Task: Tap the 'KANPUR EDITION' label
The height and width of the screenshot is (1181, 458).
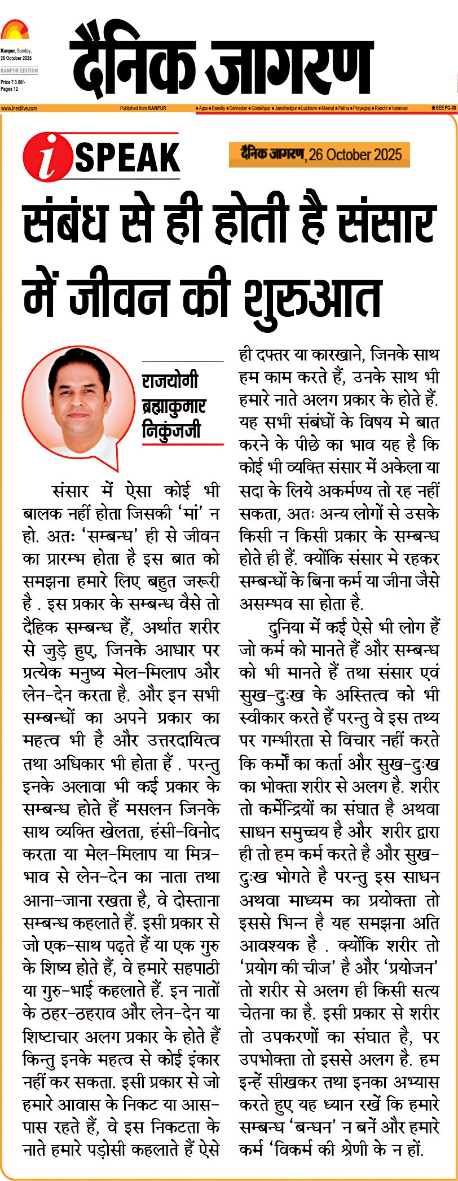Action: tap(19, 70)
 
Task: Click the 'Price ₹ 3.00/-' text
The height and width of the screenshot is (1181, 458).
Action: tap(13, 82)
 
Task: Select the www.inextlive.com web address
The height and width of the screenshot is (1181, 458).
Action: tap(19, 108)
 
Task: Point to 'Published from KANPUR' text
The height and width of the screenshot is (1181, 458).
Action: tap(143, 108)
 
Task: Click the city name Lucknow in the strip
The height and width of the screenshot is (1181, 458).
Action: tap(309, 108)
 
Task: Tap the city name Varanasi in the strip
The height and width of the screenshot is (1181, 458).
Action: tap(399, 108)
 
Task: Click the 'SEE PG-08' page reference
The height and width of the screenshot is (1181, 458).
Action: tap(443, 107)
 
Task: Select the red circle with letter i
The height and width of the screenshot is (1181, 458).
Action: tap(47, 157)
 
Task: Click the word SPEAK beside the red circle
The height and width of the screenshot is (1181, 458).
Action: tap(127, 157)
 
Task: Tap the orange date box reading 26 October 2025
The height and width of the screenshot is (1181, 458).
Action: tap(319, 155)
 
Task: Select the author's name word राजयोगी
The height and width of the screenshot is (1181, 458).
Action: tap(170, 381)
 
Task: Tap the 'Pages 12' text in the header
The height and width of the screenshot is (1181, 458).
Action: tap(10, 89)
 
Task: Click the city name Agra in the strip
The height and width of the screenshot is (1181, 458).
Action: tap(203, 108)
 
